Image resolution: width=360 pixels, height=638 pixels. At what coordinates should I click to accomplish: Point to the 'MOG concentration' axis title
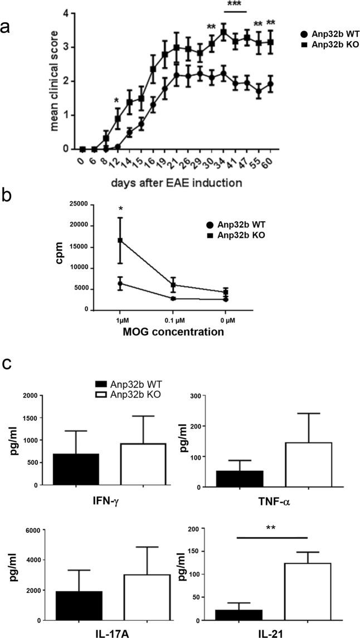click(174, 333)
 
